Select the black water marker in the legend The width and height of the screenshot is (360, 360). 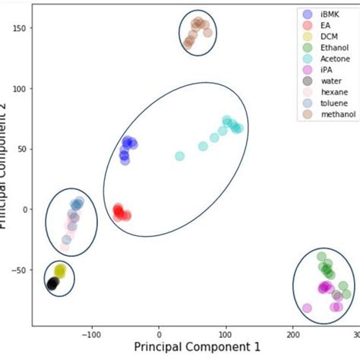[x=307, y=81]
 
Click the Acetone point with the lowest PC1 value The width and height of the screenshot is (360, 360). [x=180, y=156]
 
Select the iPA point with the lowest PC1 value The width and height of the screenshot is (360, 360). [x=307, y=308]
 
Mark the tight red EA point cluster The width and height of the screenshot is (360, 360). [x=119, y=212]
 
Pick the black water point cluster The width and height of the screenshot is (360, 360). [x=52, y=283]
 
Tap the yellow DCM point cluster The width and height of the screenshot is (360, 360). [x=60, y=270]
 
